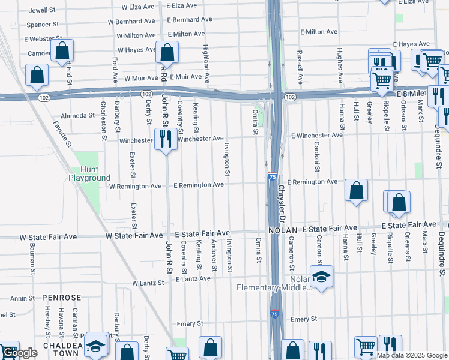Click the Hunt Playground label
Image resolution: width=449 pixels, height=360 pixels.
coord(89,173)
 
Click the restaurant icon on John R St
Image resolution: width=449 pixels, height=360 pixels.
coord(164,139)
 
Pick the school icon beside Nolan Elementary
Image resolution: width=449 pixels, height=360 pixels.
coord(322,276)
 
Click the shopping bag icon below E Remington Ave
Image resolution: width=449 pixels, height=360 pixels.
coord(357,191)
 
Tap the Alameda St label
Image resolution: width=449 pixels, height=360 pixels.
coord(78,116)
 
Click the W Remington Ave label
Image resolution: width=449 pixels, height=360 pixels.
coord(135,186)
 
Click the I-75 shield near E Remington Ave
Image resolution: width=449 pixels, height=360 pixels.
coord(273,176)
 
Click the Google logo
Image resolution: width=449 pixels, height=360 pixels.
coord(19,353)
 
